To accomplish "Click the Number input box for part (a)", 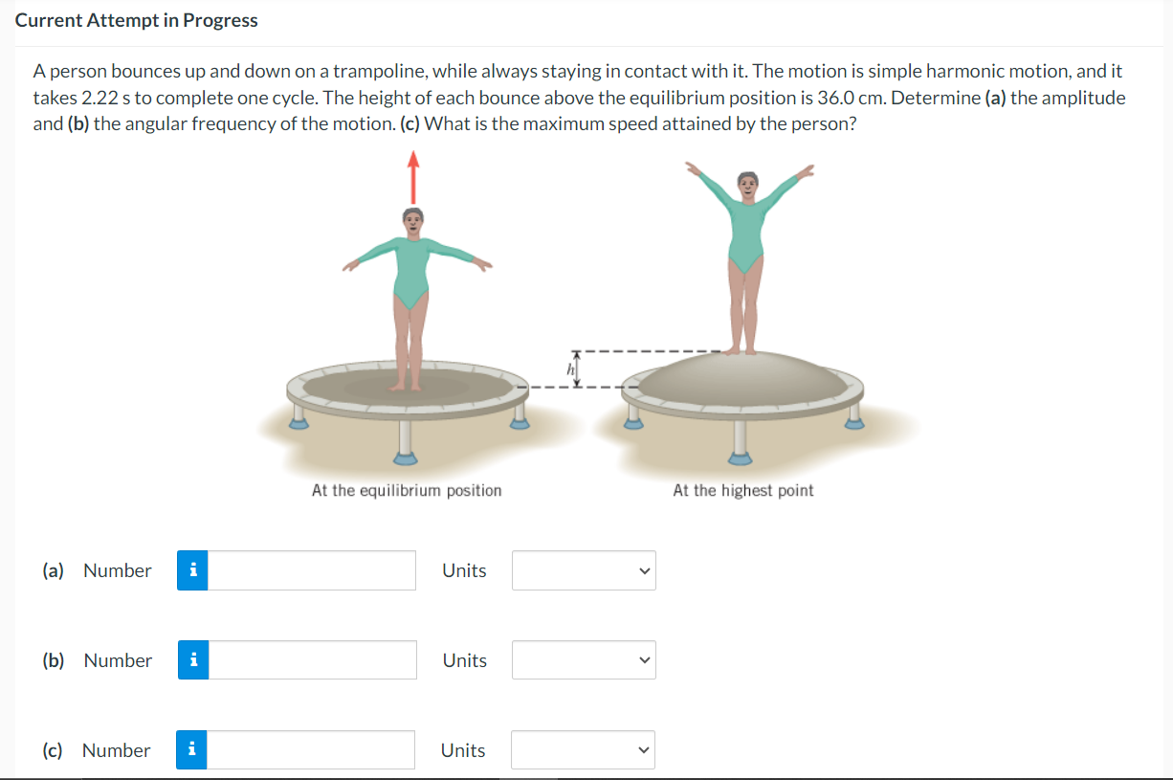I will pyautogui.click(x=312, y=570).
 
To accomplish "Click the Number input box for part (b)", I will pyautogui.click(x=312, y=660).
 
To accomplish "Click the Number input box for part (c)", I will pyautogui.click(x=312, y=750).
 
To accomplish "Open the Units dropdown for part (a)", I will pyautogui.click(x=584, y=570).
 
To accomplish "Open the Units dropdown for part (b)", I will pyautogui.click(x=584, y=660).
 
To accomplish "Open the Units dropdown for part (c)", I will pyautogui.click(x=584, y=750).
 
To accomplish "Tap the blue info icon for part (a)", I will pyautogui.click(x=193, y=570).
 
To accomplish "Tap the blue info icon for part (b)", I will pyautogui.click(x=193, y=660).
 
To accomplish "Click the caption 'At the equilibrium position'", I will pyautogui.click(x=407, y=490).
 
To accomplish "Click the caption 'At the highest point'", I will pyautogui.click(x=743, y=490).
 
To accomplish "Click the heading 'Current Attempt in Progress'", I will pyautogui.click(x=137, y=20).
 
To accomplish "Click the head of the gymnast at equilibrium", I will pyautogui.click(x=412, y=219).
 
